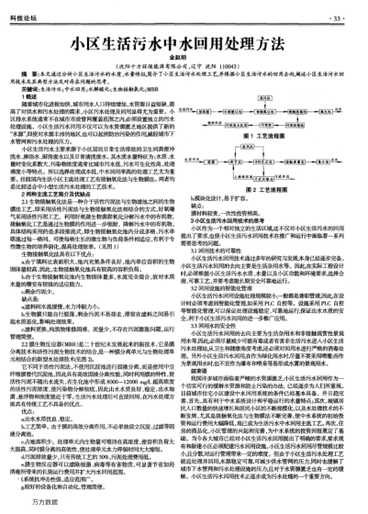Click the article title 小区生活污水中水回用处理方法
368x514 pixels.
click(x=184, y=41)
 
